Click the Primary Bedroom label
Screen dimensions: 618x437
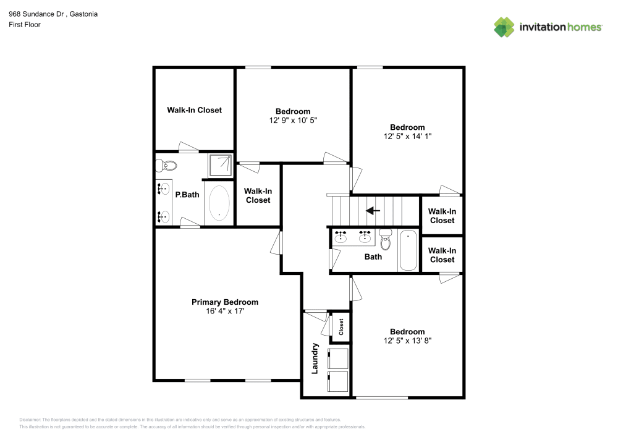click(x=225, y=302)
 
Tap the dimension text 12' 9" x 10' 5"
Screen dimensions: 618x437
click(x=293, y=121)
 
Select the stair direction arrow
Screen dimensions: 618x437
click(x=373, y=211)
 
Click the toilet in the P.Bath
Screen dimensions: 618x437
click(x=166, y=166)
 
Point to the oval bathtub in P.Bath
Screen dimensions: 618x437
click(x=219, y=203)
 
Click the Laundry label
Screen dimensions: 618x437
click(x=315, y=358)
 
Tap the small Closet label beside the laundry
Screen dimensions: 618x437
click(x=341, y=327)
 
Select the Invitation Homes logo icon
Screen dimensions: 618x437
click(x=504, y=27)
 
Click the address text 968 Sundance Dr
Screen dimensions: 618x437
click(x=36, y=14)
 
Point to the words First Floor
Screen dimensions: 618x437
click(x=25, y=25)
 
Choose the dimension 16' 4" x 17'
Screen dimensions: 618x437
click(x=225, y=312)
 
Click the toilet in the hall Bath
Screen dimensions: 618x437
click(x=386, y=239)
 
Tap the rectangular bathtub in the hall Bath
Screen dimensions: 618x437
click(x=408, y=250)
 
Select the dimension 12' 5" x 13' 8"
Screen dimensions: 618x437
click(x=407, y=341)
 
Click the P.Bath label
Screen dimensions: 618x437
click(x=187, y=195)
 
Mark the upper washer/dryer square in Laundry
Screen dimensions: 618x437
click(x=338, y=358)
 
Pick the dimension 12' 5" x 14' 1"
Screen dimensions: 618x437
click(x=407, y=137)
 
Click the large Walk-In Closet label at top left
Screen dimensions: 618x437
click(x=194, y=111)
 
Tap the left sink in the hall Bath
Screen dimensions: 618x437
click(x=341, y=237)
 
